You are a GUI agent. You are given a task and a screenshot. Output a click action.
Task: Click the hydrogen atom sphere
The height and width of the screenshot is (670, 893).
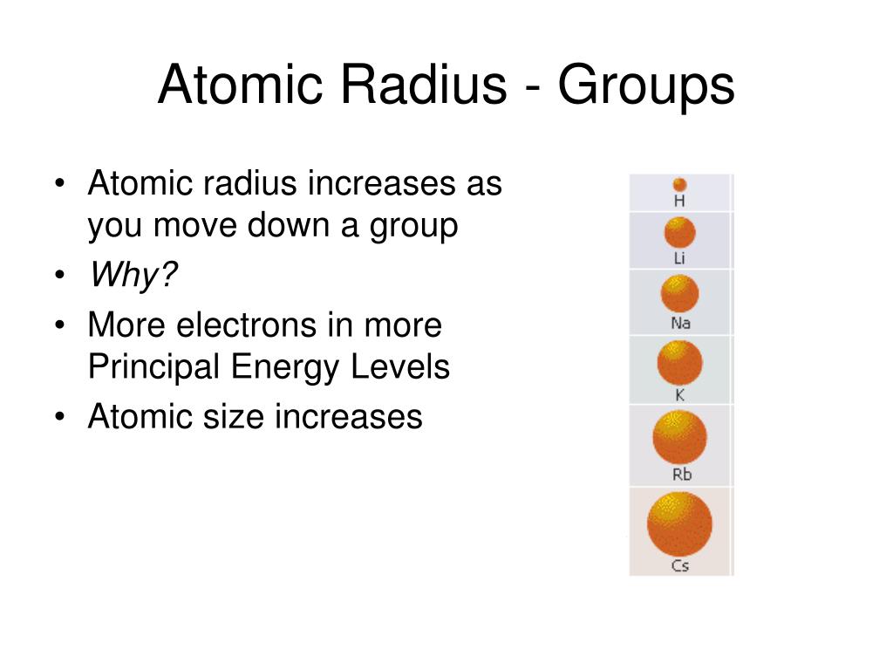[680, 185]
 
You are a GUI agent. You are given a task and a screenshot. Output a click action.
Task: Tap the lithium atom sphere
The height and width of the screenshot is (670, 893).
[680, 233]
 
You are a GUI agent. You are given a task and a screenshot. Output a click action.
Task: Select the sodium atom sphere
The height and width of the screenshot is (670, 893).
[680, 294]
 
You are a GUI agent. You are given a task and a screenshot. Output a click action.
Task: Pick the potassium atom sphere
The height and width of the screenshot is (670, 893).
[679, 363]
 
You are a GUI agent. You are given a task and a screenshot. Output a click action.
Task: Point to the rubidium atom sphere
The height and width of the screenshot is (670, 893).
[680, 438]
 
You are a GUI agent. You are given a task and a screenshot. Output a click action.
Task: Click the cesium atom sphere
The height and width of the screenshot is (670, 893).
[680, 524]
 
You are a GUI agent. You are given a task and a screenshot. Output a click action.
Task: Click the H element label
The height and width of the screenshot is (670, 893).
[680, 201]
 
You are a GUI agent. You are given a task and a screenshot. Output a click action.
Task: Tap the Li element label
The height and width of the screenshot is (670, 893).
[680, 258]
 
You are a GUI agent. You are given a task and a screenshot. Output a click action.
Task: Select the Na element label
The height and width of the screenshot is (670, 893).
[680, 324]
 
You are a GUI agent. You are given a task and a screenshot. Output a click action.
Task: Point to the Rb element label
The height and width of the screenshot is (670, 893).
[681, 475]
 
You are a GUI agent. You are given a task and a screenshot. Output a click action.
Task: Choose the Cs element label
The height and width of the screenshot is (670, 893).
[680, 566]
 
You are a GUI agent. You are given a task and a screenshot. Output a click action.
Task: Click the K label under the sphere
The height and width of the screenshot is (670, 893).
[680, 395]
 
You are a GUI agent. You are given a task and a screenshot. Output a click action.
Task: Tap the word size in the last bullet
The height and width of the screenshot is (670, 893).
[237, 416]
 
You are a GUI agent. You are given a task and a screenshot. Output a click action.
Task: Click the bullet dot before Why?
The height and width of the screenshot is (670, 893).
[58, 277]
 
